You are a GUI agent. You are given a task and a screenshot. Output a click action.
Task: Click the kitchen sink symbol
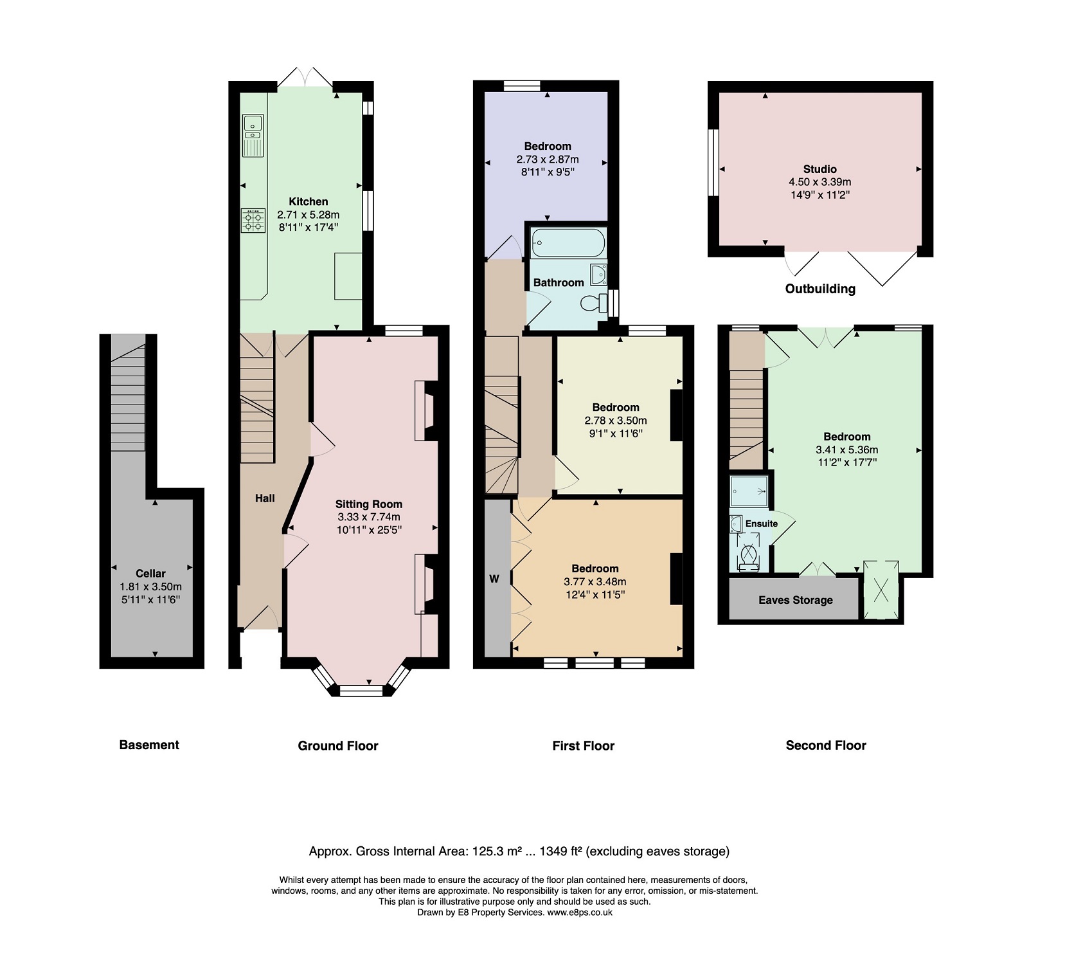point(253,136)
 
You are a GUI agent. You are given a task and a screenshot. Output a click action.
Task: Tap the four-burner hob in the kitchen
point(253,221)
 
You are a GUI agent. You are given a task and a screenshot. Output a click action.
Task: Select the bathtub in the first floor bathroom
point(568,242)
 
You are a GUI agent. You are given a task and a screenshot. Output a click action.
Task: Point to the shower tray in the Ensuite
point(749,491)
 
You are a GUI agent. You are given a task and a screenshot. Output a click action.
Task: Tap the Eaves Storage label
point(795,600)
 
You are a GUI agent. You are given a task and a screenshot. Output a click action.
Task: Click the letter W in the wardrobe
point(494,579)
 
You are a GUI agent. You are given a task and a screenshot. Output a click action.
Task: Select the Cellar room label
point(150,574)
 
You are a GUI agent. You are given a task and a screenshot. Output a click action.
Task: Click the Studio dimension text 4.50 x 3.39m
point(820,182)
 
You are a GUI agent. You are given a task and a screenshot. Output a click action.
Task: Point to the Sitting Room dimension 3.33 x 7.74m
point(369,517)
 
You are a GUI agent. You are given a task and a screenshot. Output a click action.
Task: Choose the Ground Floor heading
point(338,746)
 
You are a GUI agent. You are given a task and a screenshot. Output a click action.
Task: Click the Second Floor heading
point(826,745)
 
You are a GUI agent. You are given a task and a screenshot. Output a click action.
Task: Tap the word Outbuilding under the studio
point(820,289)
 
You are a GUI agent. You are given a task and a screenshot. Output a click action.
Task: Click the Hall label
point(265,498)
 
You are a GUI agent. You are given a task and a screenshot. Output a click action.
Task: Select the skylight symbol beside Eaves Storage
point(881,590)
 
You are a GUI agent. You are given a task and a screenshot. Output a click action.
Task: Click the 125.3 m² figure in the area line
point(497,851)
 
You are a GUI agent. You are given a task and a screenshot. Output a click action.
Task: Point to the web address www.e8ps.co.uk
point(580,913)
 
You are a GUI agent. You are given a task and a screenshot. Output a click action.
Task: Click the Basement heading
point(149,745)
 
